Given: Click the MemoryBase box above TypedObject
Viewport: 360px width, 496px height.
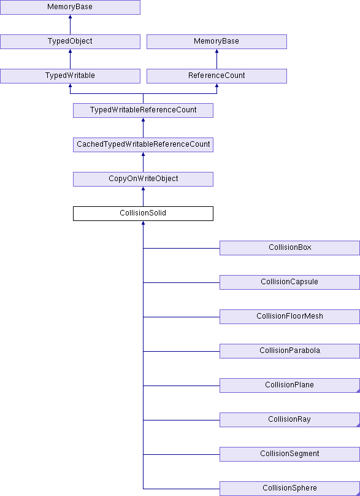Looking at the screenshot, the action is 70,7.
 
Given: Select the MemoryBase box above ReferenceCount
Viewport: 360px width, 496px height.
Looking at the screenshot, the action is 217,42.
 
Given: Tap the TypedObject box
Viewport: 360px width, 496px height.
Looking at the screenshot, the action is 70,42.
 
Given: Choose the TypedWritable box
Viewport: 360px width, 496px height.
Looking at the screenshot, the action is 70,76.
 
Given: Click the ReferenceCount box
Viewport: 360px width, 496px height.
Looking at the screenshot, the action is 217,76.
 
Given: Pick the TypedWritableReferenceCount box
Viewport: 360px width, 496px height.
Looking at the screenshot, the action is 143,110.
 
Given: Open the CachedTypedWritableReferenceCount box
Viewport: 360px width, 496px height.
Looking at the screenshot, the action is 143,145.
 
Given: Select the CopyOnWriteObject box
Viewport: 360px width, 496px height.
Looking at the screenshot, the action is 143,179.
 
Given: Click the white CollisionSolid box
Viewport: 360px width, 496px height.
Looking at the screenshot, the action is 143,214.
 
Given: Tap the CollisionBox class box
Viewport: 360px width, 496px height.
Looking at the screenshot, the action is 290,248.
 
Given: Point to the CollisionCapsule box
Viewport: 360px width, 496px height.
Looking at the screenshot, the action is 290,282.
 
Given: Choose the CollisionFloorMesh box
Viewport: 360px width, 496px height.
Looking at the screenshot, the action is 290,317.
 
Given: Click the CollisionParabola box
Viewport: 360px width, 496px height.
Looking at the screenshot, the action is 290,351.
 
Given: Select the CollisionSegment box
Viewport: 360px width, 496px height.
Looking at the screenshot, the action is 290,454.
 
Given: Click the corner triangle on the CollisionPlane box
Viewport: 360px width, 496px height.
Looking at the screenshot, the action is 358,391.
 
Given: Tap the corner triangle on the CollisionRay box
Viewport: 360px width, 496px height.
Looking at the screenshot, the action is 358,425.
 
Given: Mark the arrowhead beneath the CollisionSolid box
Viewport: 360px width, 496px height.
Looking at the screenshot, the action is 143,223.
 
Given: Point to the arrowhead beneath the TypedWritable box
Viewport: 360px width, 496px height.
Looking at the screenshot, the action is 70,85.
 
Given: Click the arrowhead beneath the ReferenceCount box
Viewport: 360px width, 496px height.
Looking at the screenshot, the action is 217,85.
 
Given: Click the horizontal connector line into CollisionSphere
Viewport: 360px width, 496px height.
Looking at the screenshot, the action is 182,489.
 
